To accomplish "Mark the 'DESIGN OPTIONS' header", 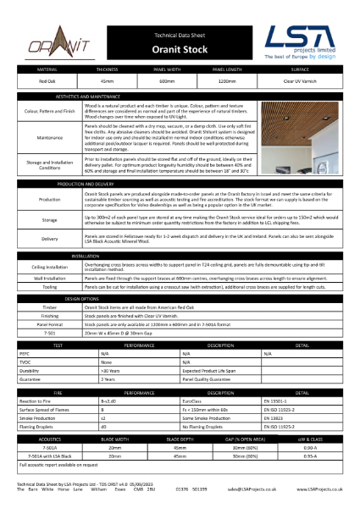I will (83, 299).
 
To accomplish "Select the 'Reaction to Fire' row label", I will (32, 400).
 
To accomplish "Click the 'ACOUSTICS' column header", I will (42, 439).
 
